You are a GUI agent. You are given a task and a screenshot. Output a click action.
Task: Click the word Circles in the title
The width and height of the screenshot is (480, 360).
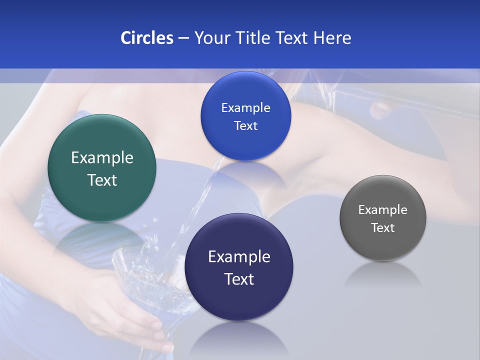click(146, 38)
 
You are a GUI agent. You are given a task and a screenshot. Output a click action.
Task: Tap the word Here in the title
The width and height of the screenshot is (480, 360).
click(332, 38)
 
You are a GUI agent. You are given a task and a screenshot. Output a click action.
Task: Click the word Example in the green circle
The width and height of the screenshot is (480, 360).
click(102, 158)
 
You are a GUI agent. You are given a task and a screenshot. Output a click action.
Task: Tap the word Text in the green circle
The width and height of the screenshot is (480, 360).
click(102, 180)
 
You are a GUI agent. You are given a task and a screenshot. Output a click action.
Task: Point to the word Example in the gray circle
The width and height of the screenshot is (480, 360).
click(383, 210)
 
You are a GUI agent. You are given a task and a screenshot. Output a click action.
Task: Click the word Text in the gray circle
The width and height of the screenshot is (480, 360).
click(383, 228)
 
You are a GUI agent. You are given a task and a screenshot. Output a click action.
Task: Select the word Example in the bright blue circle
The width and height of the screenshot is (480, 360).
click(245, 108)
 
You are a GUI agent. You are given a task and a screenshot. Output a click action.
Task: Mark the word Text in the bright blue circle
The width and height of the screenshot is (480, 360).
click(245, 126)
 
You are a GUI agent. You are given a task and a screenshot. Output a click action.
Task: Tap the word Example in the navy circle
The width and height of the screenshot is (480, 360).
click(239, 257)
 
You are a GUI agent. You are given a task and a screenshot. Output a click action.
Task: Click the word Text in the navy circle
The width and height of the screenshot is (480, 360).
click(239, 279)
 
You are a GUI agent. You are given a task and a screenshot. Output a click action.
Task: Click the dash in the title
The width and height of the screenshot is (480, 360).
click(183, 38)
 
